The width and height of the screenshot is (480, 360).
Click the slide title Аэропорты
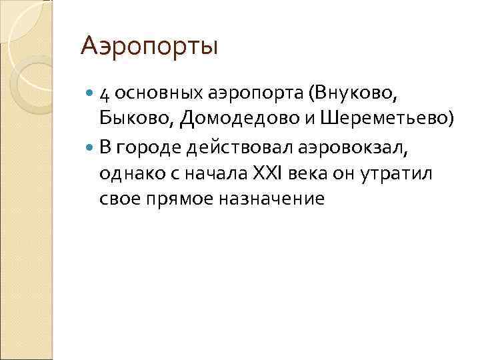tap(149, 47)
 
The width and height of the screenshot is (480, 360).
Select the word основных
tap(153, 93)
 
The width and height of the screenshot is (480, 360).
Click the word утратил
tap(398, 172)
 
